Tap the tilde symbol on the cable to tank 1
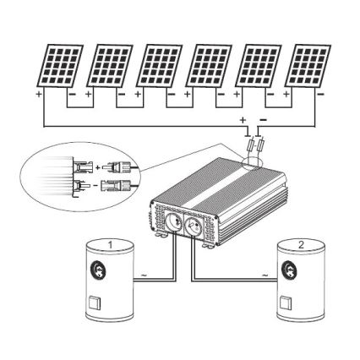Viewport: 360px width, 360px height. coord(145,275)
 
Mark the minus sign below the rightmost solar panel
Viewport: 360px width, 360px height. coord(319,95)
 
